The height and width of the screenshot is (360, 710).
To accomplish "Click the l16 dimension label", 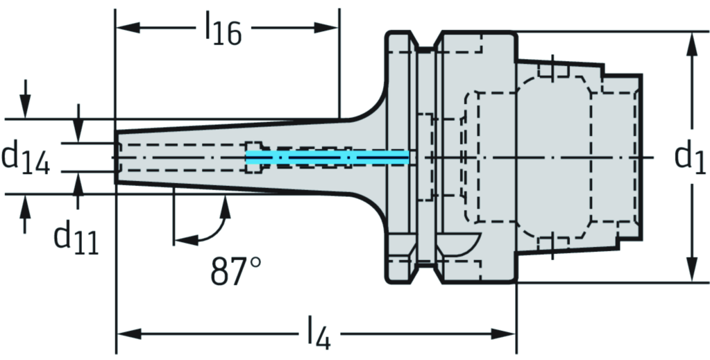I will [x=222, y=31].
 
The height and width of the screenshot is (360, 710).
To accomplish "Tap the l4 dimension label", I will [x=316, y=336].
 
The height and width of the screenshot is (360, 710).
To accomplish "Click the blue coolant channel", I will [x=326, y=158].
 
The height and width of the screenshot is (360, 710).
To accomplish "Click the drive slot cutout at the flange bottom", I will [x=458, y=243].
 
